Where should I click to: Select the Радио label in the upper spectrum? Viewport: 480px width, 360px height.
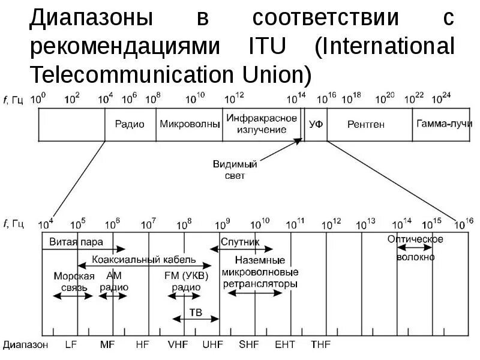pos(130,124)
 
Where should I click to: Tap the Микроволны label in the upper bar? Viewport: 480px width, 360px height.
pos(189,124)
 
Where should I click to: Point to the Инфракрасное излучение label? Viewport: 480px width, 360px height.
pos(262,124)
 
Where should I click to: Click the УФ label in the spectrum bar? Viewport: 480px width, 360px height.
pos(316,124)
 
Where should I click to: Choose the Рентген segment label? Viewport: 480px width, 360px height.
pos(365,124)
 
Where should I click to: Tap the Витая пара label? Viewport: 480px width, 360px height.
pos(73,242)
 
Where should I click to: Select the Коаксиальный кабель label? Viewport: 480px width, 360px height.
pos(145,260)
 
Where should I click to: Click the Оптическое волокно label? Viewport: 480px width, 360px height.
pos(415,248)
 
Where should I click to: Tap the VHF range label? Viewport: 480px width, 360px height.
pos(179,345)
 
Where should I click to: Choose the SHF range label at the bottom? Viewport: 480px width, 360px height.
pos(248,345)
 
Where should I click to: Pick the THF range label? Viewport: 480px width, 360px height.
pos(319,345)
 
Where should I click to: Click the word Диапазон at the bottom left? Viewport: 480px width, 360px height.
pos(25,345)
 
